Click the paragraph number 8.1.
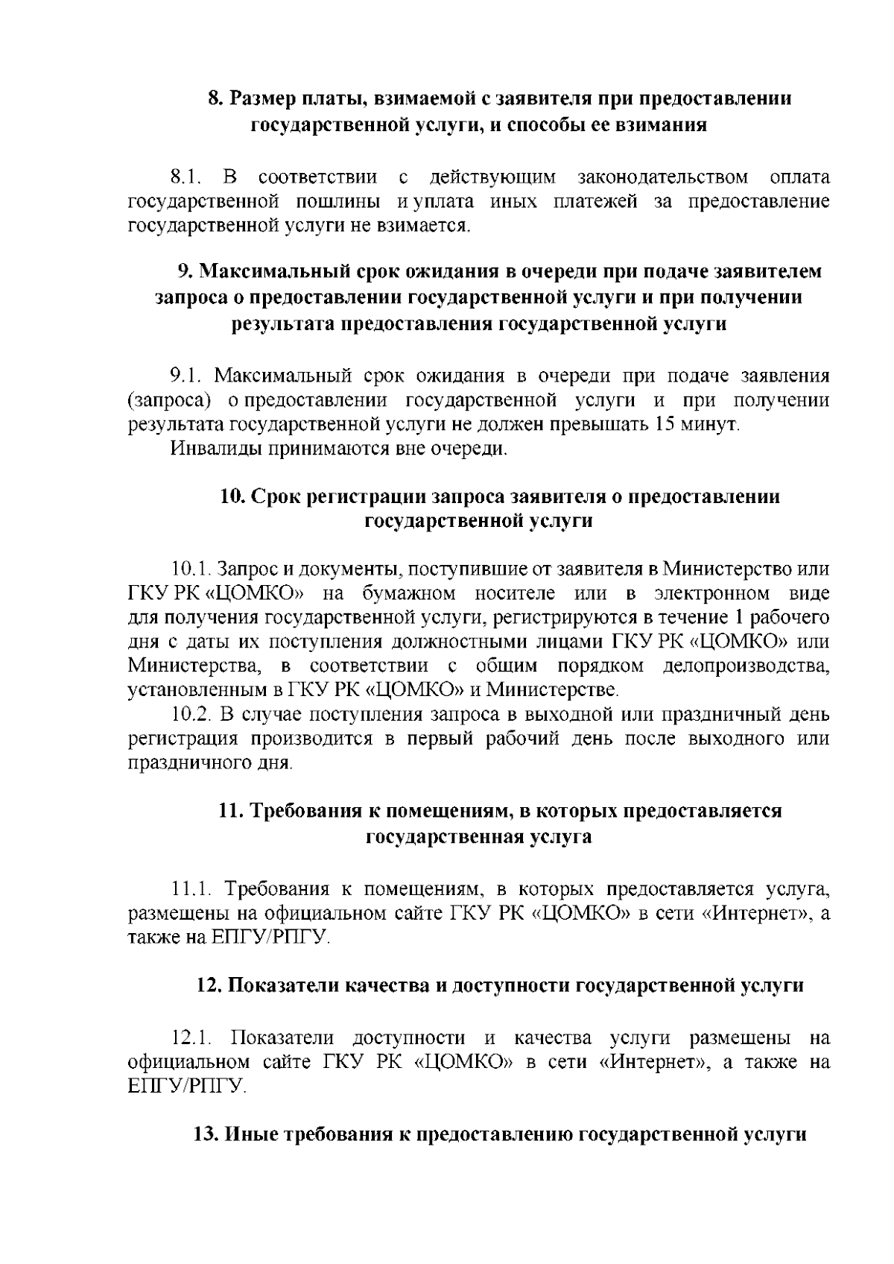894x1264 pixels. click(x=186, y=177)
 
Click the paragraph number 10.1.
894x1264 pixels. click(x=191, y=569)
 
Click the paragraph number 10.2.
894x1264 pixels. click(x=192, y=715)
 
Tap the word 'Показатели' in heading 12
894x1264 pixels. click(x=274, y=985)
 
